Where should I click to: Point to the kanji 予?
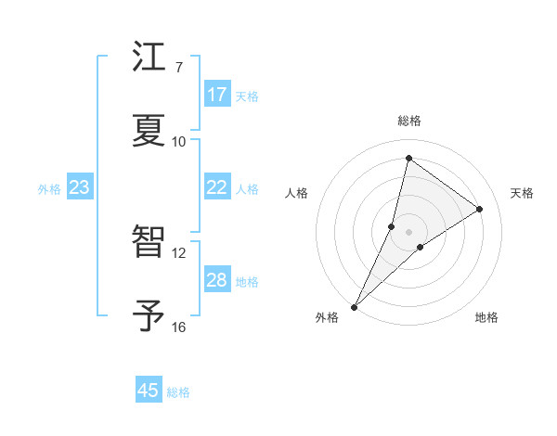pos(149,315)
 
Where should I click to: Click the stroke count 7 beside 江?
pos(179,68)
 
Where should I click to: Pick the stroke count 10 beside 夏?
pos(179,141)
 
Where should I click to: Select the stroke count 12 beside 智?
pos(179,252)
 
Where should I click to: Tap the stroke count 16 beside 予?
pos(179,327)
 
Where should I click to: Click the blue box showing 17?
pos(217,95)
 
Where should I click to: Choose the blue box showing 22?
pos(217,187)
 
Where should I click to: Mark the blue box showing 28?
pos(217,280)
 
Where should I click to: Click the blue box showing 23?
pos(80,187)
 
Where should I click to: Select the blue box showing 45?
pos(149,391)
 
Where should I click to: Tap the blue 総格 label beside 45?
pos(179,392)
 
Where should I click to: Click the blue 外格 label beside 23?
pos(49,189)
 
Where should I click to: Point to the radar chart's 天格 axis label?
pos(523,193)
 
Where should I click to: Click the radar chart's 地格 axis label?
pos(486,317)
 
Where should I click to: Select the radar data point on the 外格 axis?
pos(354,306)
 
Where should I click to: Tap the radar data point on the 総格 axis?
pos(408,158)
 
